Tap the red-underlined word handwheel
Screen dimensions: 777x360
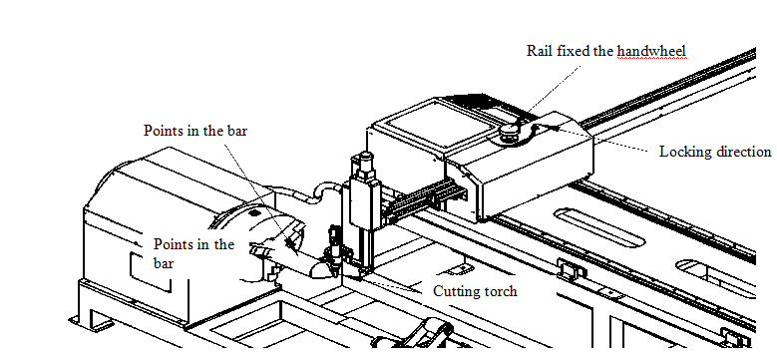(x=651, y=51)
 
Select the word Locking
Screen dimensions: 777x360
(x=681, y=152)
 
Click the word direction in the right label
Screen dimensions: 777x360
(x=739, y=151)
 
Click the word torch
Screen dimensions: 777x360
(x=498, y=290)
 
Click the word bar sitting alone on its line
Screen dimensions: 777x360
(x=164, y=263)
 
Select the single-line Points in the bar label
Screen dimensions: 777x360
(x=195, y=131)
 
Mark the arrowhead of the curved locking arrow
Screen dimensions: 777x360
(x=555, y=127)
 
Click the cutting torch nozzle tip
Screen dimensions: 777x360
(x=337, y=273)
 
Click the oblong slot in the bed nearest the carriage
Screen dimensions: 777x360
(x=599, y=226)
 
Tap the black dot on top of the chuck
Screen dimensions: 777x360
(x=255, y=212)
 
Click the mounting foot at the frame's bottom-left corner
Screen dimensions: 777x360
(x=92, y=323)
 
